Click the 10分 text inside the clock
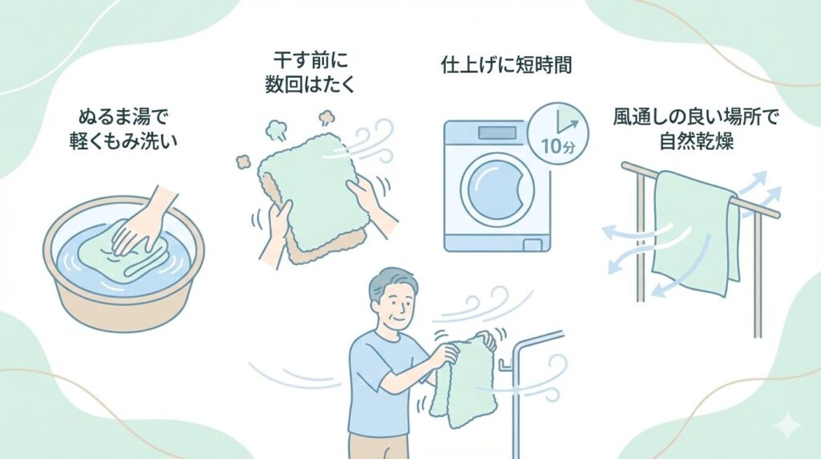coord(558,148)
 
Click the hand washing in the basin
coord(140,221)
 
